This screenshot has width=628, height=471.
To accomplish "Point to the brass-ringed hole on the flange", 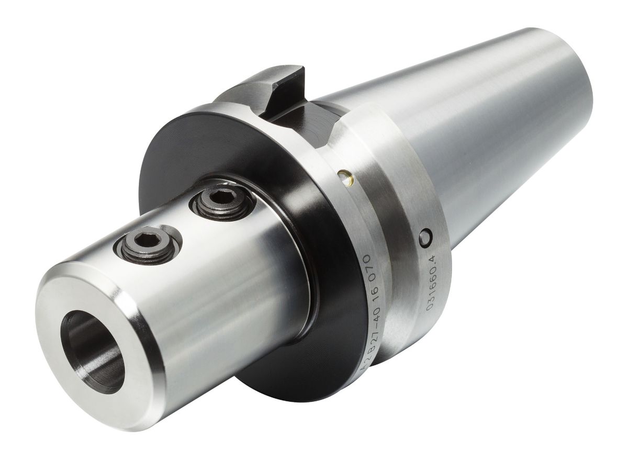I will pyautogui.click(x=345, y=177).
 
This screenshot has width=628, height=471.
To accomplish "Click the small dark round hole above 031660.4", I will pyautogui.click(x=426, y=237).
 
